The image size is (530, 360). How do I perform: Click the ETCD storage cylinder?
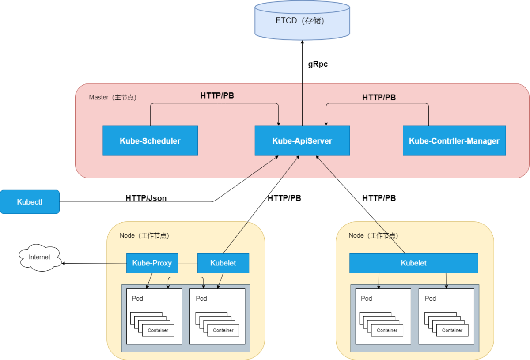coord(302,20)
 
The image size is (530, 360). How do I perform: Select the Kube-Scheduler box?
coord(150,140)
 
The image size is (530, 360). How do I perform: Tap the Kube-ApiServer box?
coord(302,140)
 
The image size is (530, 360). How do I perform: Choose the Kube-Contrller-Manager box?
coord(454,140)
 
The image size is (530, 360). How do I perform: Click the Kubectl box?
coord(30,202)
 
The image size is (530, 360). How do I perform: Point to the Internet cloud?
coord(39,258)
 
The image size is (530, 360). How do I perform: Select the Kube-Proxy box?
coord(152,263)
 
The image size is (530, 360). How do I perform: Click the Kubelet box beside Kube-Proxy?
coord(223,263)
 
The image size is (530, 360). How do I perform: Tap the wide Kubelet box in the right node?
coord(414,263)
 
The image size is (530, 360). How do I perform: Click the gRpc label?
coord(318,64)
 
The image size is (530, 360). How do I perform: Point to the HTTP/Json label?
coord(146,198)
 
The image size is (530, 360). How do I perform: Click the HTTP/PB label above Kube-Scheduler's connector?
coord(217,95)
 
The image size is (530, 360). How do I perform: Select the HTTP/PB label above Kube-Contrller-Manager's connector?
coord(379,97)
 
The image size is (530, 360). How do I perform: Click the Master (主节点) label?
coord(113,97)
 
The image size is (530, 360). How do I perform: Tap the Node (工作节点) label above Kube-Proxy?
coord(144,235)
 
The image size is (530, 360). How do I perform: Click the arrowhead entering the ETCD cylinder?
coord(302,42)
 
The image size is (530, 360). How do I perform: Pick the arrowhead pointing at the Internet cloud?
coord(64,263)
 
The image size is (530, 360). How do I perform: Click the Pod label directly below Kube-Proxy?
coord(137,299)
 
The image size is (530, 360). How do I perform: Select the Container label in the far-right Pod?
coord(452,330)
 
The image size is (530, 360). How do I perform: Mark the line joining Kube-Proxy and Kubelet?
coord(188,263)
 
